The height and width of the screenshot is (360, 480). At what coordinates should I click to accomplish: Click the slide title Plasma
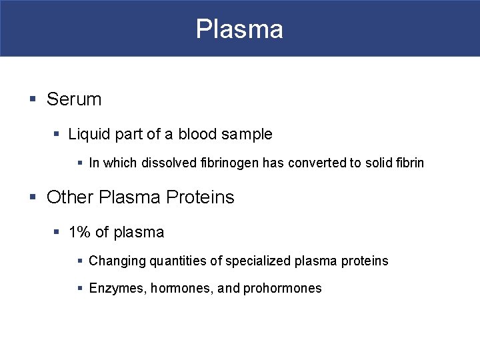coord(239,29)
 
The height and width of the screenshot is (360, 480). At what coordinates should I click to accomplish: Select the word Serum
coord(74,99)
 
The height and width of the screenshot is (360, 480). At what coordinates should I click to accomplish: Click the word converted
coord(313,163)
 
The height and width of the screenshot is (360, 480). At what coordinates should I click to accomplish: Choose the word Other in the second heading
coord(70,197)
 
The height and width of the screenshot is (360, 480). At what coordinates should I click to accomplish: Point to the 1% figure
coord(80,232)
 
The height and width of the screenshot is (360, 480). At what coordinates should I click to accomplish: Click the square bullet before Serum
coord(33,100)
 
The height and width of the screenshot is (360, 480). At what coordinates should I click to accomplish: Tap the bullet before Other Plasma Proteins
coord(33,198)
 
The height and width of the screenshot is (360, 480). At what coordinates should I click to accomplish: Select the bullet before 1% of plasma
coord(57,233)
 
